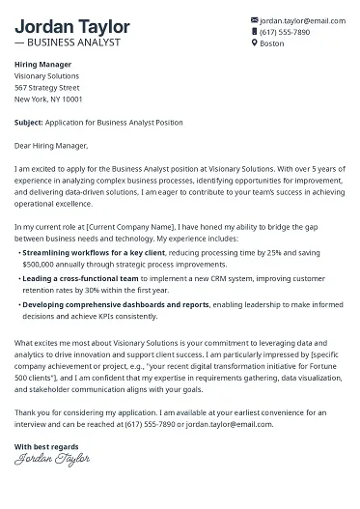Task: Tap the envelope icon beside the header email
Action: (255, 19)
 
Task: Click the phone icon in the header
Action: (255, 31)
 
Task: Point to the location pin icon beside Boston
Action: (255, 43)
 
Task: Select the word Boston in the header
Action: (273, 43)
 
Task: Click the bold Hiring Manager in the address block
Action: (42, 64)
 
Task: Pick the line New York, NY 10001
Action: (49, 99)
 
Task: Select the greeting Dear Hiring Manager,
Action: (51, 146)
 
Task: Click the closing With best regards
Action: (46, 445)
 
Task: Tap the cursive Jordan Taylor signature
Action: (46, 460)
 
